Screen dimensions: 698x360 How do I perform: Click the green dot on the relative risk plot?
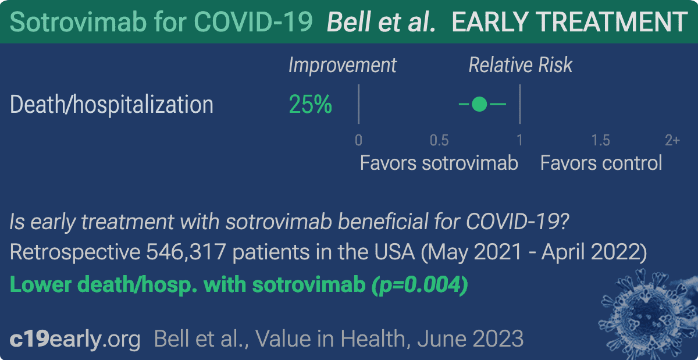479,104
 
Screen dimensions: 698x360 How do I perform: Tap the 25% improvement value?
311,105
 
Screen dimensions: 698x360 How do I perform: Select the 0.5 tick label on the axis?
439,141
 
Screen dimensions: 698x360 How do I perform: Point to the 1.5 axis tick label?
600,141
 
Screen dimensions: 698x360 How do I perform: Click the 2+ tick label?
672,141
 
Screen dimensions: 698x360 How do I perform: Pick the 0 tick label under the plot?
359,141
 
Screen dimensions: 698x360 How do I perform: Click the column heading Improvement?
343,66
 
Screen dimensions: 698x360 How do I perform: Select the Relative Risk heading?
521,65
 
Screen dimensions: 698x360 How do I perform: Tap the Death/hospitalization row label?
112,105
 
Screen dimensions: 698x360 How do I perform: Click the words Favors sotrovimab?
439,163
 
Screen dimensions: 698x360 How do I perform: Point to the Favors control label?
601,163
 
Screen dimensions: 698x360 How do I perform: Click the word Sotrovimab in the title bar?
78,22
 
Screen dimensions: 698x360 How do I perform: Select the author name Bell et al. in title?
381,22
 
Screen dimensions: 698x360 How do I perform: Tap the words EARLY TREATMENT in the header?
569,22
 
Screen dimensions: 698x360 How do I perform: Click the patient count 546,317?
186,252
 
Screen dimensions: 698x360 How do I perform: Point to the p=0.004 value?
419,285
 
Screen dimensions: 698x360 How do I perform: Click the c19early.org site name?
75,339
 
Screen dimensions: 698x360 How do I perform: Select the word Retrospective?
75,252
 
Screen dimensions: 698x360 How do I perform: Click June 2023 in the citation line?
470,339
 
